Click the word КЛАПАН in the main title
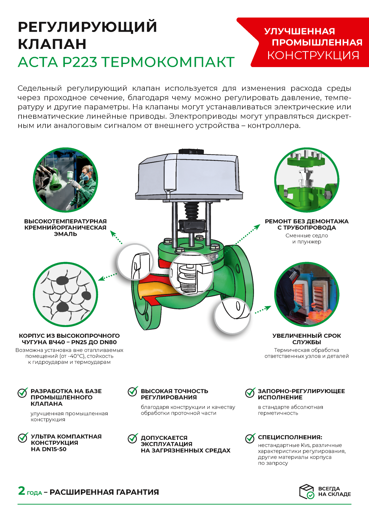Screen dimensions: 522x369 pyautogui.click(x=52, y=44)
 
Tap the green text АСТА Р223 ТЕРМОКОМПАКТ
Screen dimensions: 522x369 pyautogui.click(x=126, y=62)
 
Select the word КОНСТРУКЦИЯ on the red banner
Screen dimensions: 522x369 pyautogui.click(x=313, y=55)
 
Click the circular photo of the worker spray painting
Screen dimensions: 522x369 pyautogui.click(x=65, y=180)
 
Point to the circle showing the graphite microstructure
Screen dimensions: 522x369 pyautogui.click(x=65, y=294)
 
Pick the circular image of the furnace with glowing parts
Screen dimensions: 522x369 pyautogui.click(x=307, y=294)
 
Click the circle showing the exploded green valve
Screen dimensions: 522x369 pyautogui.click(x=307, y=180)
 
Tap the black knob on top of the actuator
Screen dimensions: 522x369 pyautogui.click(x=191, y=151)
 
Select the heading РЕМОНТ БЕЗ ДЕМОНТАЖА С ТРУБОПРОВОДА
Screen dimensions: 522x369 pyautogui.click(x=307, y=225)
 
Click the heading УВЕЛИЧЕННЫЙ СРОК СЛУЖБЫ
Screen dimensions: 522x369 pyautogui.click(x=307, y=339)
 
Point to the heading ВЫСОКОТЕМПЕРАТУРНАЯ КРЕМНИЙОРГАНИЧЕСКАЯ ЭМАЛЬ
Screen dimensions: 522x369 pyautogui.click(x=65, y=228)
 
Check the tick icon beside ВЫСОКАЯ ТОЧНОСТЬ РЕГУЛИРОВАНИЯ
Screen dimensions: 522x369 pyautogui.click(x=133, y=392)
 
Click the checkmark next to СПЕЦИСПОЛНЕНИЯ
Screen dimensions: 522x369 pyautogui.click(x=250, y=438)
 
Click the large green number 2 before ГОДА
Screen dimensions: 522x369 pyautogui.click(x=22, y=491)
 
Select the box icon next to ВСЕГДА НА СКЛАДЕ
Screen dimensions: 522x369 pyautogui.click(x=307, y=491)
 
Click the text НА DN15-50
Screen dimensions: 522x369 pyautogui.click(x=49, y=449)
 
